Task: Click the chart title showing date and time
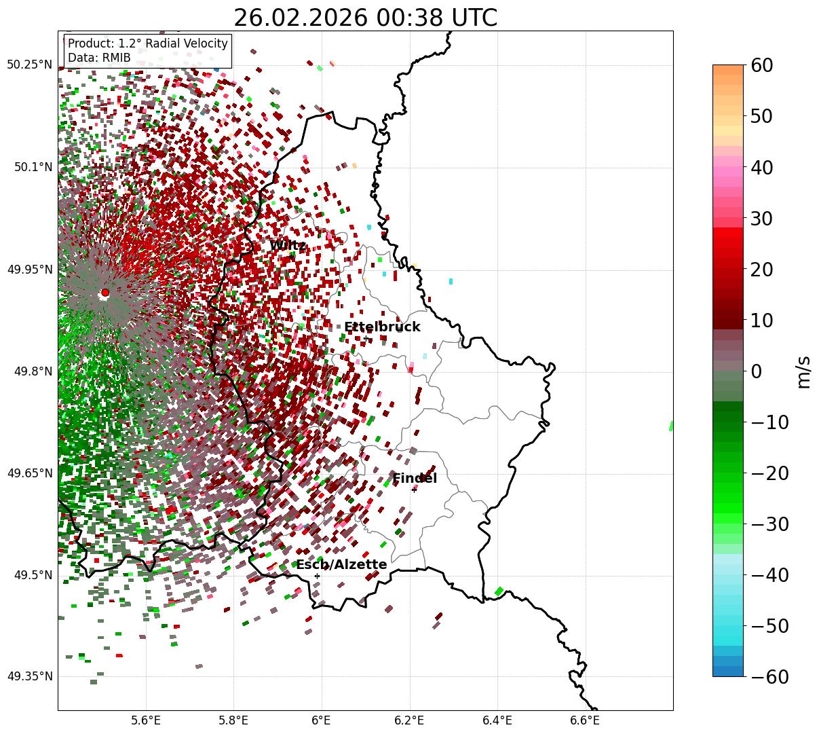[x=365, y=18]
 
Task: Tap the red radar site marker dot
[x=105, y=293]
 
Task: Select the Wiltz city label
[x=288, y=245]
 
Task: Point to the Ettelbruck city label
[x=382, y=327]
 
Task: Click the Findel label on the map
[x=415, y=478]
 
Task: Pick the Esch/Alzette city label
[x=341, y=564]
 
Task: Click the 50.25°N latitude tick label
[x=29, y=65]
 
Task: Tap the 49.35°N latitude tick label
[x=29, y=676]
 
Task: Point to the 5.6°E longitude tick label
[x=145, y=720]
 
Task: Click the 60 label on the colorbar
[x=763, y=65]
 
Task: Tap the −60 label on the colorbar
[x=769, y=676]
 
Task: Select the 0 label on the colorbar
[x=756, y=371]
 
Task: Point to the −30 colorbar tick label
[x=769, y=524]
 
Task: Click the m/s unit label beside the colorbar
[x=803, y=371]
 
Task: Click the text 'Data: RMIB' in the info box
[x=99, y=58]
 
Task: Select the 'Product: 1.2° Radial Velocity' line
[x=148, y=43]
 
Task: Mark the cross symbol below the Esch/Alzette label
[x=317, y=576]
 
